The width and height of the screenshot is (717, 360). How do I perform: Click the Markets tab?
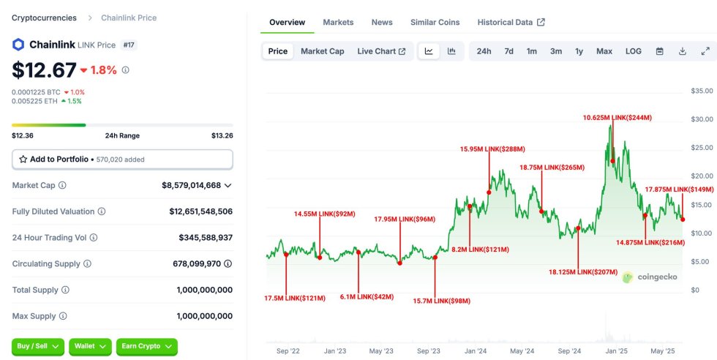tap(338, 22)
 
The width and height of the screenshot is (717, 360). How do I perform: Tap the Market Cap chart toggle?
tap(322, 51)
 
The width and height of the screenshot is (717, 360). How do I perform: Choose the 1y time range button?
tap(579, 51)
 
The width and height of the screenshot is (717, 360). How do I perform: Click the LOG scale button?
tap(633, 51)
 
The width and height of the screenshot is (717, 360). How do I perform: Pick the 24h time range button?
tap(484, 51)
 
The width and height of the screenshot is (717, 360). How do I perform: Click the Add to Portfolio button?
tap(122, 159)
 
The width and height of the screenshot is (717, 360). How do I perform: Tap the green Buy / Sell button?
tap(37, 346)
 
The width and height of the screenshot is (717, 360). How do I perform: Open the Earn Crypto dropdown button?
tap(146, 346)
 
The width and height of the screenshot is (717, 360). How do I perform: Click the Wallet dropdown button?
tap(90, 346)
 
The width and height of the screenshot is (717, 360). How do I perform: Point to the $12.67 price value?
tap(44, 70)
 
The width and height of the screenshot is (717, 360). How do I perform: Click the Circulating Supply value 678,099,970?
tap(189, 263)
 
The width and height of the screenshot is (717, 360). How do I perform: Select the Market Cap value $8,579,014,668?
tap(191, 185)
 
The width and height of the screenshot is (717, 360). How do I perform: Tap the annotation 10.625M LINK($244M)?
tap(617, 117)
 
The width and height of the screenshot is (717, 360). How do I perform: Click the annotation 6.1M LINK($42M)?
tap(367, 297)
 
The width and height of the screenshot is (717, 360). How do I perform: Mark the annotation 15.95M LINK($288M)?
tap(492, 149)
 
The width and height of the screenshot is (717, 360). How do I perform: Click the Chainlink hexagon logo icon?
tap(18, 45)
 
